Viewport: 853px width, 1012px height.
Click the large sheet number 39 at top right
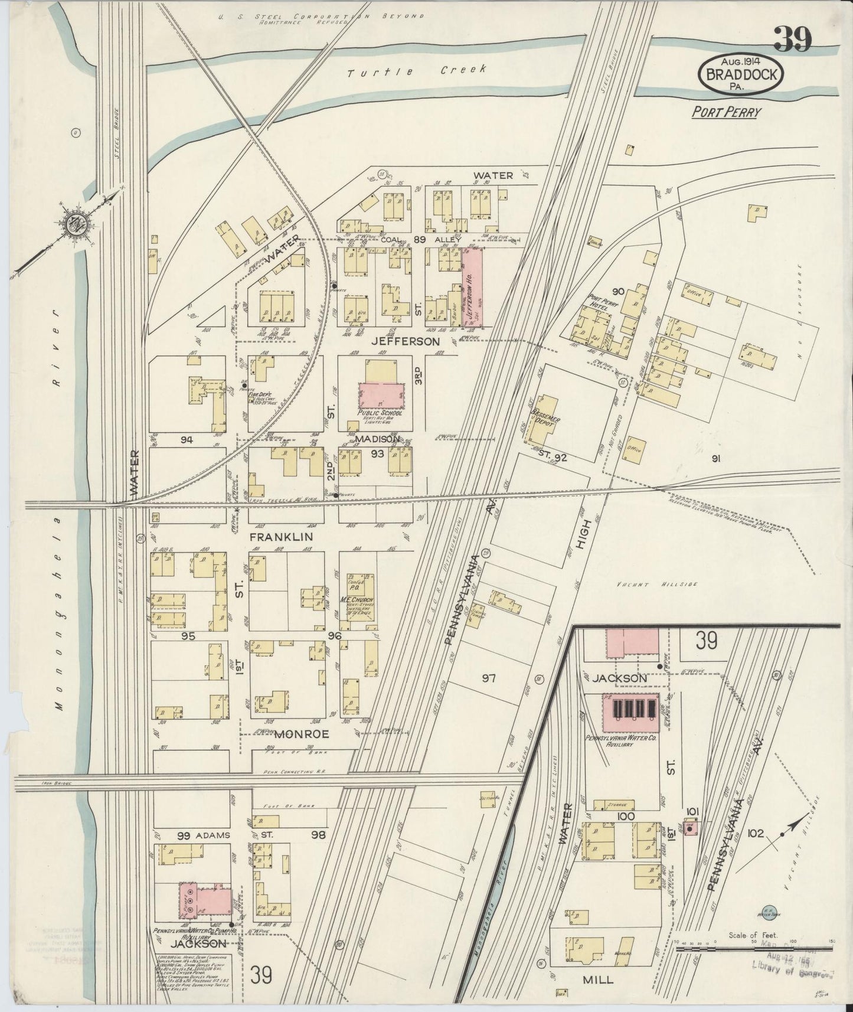pos(792,40)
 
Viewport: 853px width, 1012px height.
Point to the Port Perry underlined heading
pos(725,112)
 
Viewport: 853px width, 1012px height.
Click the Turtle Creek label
pos(416,71)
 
